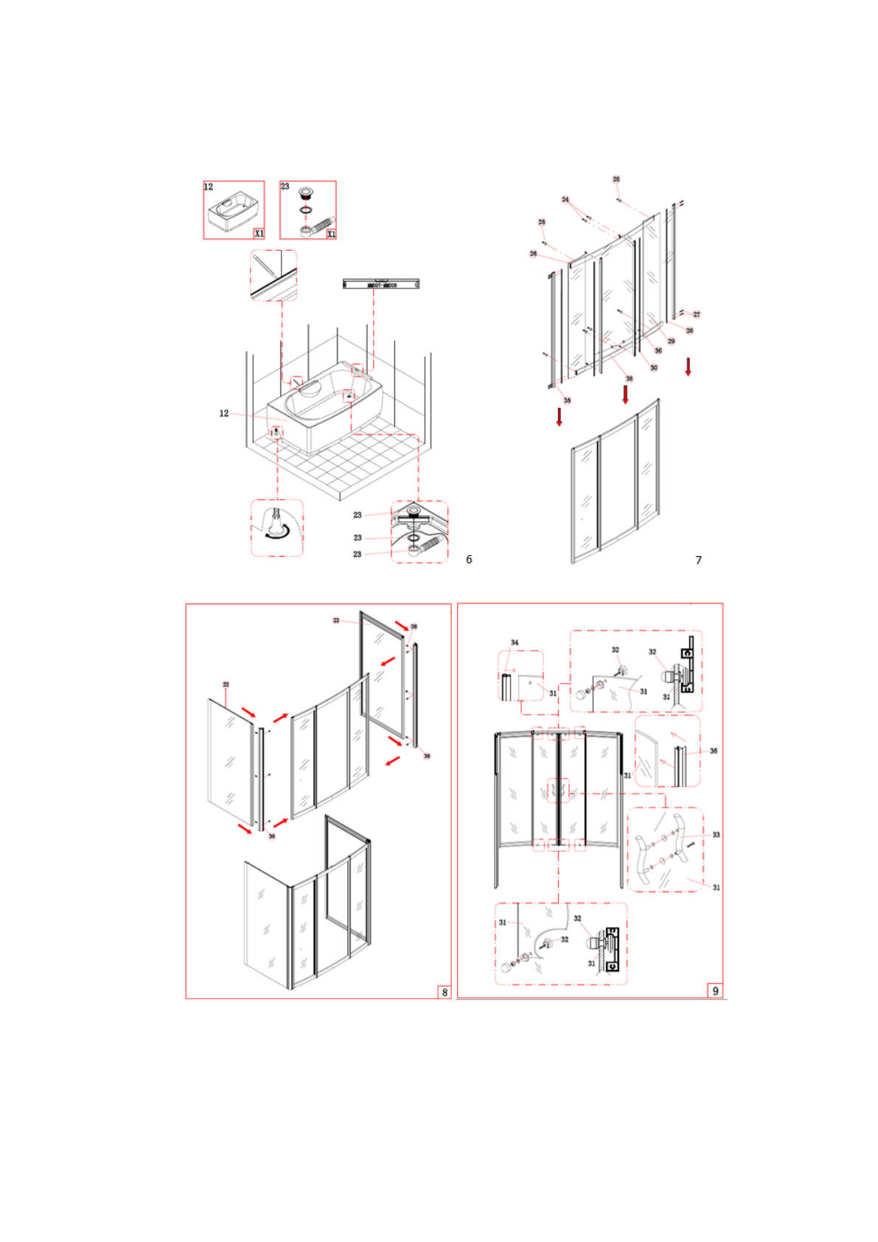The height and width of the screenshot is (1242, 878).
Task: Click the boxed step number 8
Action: (445, 992)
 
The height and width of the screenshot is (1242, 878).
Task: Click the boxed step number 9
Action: (715, 991)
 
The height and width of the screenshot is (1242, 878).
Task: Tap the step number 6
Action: (469, 559)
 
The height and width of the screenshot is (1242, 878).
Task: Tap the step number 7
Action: (698, 560)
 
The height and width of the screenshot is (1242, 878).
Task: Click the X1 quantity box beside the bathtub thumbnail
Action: (259, 233)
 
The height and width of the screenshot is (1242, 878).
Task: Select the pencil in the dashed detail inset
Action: (265, 266)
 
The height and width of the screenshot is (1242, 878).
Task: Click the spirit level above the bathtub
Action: (381, 284)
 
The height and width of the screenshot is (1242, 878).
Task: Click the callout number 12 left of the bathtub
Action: (224, 413)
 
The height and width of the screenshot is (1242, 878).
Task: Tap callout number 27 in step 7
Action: (697, 314)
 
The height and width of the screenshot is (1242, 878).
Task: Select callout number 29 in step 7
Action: (671, 341)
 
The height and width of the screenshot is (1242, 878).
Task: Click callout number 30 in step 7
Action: (654, 367)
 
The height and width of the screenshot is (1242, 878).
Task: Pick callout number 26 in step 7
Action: (533, 254)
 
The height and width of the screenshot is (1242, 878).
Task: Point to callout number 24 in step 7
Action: (565, 199)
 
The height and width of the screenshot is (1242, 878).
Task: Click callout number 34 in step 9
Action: (515, 642)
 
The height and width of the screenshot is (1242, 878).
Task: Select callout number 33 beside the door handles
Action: (716, 835)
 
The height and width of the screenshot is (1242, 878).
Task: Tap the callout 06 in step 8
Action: (414, 626)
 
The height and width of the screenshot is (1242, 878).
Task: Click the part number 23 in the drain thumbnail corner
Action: (285, 187)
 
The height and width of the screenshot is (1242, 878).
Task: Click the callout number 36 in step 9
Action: (713, 751)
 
